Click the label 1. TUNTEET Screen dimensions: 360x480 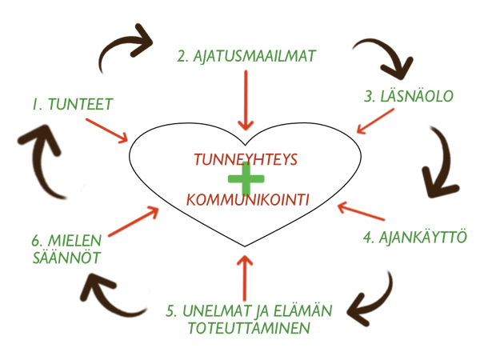pos(72,103)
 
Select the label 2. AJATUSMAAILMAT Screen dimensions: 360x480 pos(246,56)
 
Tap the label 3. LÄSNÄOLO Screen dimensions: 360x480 pos(409,96)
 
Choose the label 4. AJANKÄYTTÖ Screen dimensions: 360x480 pos(414,238)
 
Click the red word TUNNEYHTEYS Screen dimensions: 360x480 pos(245,159)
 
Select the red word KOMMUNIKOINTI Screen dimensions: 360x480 pos(247,198)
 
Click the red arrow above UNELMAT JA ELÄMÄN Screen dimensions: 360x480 pos(245,277)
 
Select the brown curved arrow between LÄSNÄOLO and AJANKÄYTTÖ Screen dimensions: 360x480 pos(438,160)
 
